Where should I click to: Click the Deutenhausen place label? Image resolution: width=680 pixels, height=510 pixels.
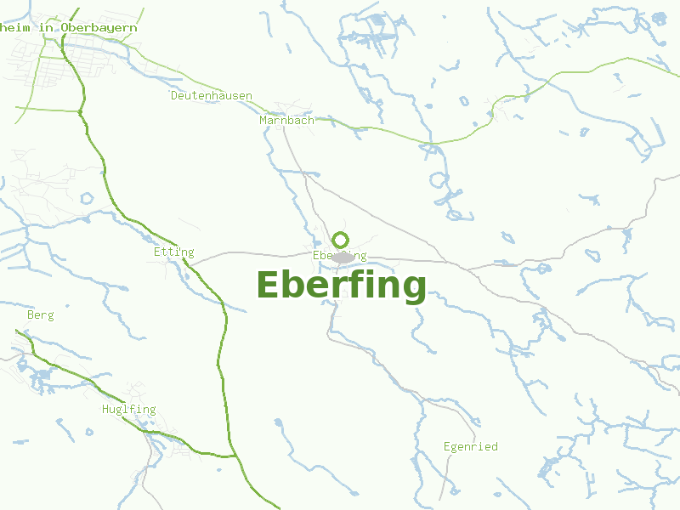[x=212, y=95]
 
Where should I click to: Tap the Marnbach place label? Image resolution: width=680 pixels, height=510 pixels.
[x=286, y=121]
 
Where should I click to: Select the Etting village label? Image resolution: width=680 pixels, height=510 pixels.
[x=174, y=252]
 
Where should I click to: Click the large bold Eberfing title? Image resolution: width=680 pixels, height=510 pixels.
[x=341, y=286]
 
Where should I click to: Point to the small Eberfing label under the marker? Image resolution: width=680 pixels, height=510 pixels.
[x=339, y=255]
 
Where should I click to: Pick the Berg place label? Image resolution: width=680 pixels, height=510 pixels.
[x=41, y=315]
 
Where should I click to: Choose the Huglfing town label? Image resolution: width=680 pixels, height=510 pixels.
[x=128, y=410]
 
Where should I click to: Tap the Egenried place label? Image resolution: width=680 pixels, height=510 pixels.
[x=471, y=446]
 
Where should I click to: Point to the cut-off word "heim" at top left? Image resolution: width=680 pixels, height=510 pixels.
[x=14, y=28]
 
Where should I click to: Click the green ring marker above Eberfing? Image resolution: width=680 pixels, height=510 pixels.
[x=341, y=240]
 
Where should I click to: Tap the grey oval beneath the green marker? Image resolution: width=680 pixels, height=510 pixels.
[x=343, y=258]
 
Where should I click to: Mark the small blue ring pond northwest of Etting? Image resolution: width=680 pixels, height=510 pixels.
[x=86, y=199]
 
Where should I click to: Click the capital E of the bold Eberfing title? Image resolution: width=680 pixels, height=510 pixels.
[x=268, y=285]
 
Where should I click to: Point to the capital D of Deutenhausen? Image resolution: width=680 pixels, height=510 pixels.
[x=174, y=95]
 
